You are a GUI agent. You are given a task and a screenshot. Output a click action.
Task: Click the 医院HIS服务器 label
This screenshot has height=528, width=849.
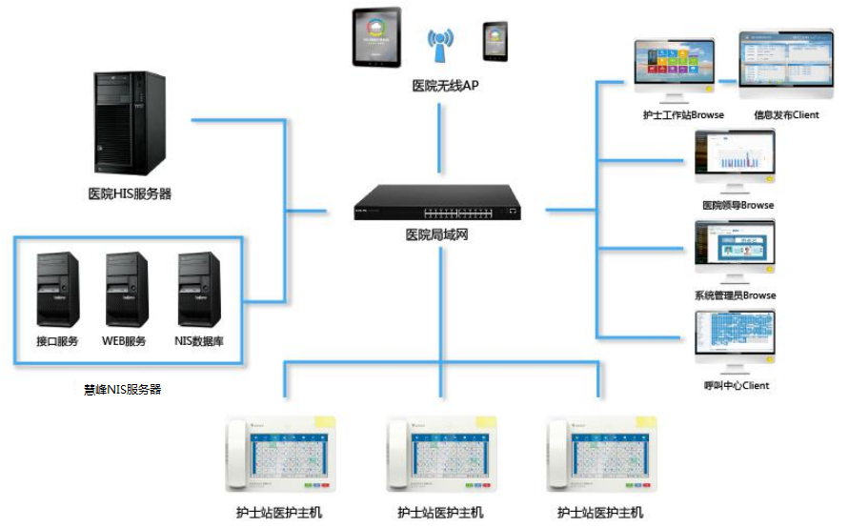130,194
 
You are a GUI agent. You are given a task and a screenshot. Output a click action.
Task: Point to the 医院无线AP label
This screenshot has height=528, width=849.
445,86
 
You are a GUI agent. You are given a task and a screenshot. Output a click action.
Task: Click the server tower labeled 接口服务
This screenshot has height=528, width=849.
56,289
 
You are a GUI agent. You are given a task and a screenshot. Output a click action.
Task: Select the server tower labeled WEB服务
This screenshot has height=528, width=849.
125,289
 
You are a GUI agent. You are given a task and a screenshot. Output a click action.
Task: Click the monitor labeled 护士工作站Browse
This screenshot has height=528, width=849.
674,67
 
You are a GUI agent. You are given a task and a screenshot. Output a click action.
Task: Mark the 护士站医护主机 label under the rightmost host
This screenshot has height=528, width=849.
599,513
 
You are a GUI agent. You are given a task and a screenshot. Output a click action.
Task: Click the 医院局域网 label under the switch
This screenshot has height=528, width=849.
436,234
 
